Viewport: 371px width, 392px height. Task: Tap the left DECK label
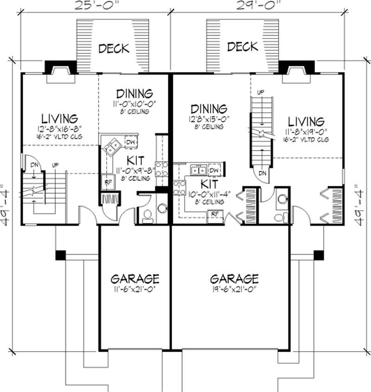tap(114, 49)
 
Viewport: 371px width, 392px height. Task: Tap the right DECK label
tap(243, 47)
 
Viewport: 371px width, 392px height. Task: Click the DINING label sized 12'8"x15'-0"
tap(208, 109)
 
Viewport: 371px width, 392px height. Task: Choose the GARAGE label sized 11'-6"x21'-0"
tap(135, 279)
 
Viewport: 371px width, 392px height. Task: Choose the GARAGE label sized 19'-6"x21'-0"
tap(234, 279)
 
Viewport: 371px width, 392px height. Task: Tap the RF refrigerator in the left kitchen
tap(107, 182)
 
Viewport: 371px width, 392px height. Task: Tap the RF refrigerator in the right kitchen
tap(215, 213)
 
